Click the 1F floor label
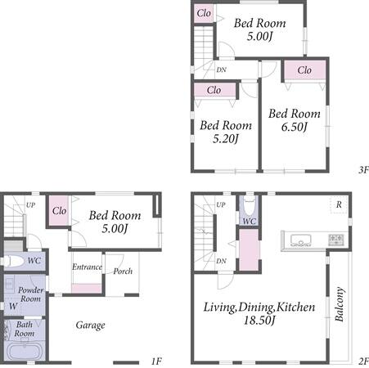[x=156, y=361]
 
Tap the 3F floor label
[x=363, y=170]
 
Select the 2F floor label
[x=363, y=361]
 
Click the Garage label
[x=90, y=325]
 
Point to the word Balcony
[x=339, y=304]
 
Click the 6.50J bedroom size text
[x=295, y=127]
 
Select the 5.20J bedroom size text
[x=226, y=139]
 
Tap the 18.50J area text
[x=259, y=320]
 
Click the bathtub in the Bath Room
[x=25, y=351]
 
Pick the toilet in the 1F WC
[x=14, y=261]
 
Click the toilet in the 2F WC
[x=249, y=207]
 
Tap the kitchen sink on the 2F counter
[x=300, y=240]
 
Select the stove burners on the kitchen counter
[x=335, y=240]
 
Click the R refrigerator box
[x=339, y=204]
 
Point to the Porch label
[x=123, y=272]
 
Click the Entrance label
[x=88, y=267]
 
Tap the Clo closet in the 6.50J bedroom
[x=304, y=70]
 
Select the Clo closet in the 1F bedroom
[x=59, y=210]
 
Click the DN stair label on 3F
[x=221, y=70]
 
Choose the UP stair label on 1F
[x=30, y=205]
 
